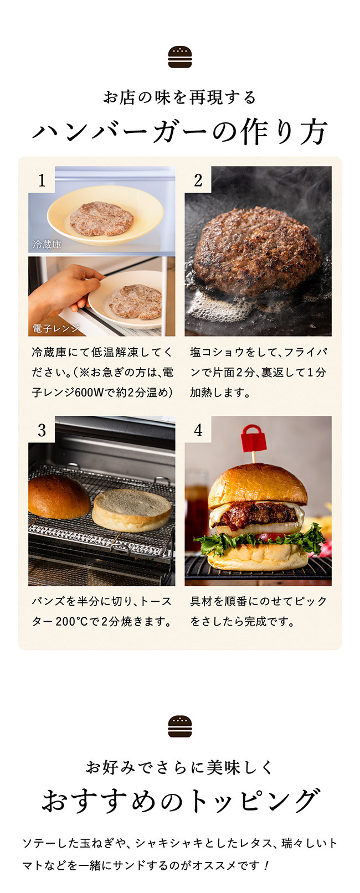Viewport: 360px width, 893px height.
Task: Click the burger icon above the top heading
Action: pyautogui.click(x=179, y=57)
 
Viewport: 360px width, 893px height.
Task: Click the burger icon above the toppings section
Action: pyautogui.click(x=179, y=726)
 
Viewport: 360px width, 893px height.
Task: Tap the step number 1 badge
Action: pyautogui.click(x=42, y=180)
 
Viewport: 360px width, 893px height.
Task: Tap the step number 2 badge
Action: pyautogui.click(x=198, y=180)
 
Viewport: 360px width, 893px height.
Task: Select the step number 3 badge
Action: pyautogui.click(x=42, y=430)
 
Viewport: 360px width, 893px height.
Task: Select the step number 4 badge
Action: pyautogui.click(x=198, y=430)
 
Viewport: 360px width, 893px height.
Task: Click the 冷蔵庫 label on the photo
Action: pyautogui.click(x=47, y=244)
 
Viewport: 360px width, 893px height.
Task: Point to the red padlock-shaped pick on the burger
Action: pyautogui.click(x=253, y=439)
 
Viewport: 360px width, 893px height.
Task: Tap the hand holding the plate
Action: pyautogui.click(x=64, y=291)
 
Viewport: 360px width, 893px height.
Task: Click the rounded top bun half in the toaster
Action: pyautogui.click(x=58, y=497)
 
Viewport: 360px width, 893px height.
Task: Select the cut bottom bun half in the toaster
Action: pyautogui.click(x=132, y=509)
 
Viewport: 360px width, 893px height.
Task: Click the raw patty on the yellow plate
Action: pyautogui.click(x=101, y=218)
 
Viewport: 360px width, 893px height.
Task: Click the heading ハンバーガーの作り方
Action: pyautogui.click(x=179, y=132)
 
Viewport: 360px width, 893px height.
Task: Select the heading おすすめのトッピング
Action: pyautogui.click(x=179, y=801)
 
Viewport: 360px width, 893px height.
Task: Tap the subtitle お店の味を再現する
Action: pyautogui.click(x=179, y=97)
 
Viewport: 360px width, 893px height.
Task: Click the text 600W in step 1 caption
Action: pyautogui.click(x=89, y=393)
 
